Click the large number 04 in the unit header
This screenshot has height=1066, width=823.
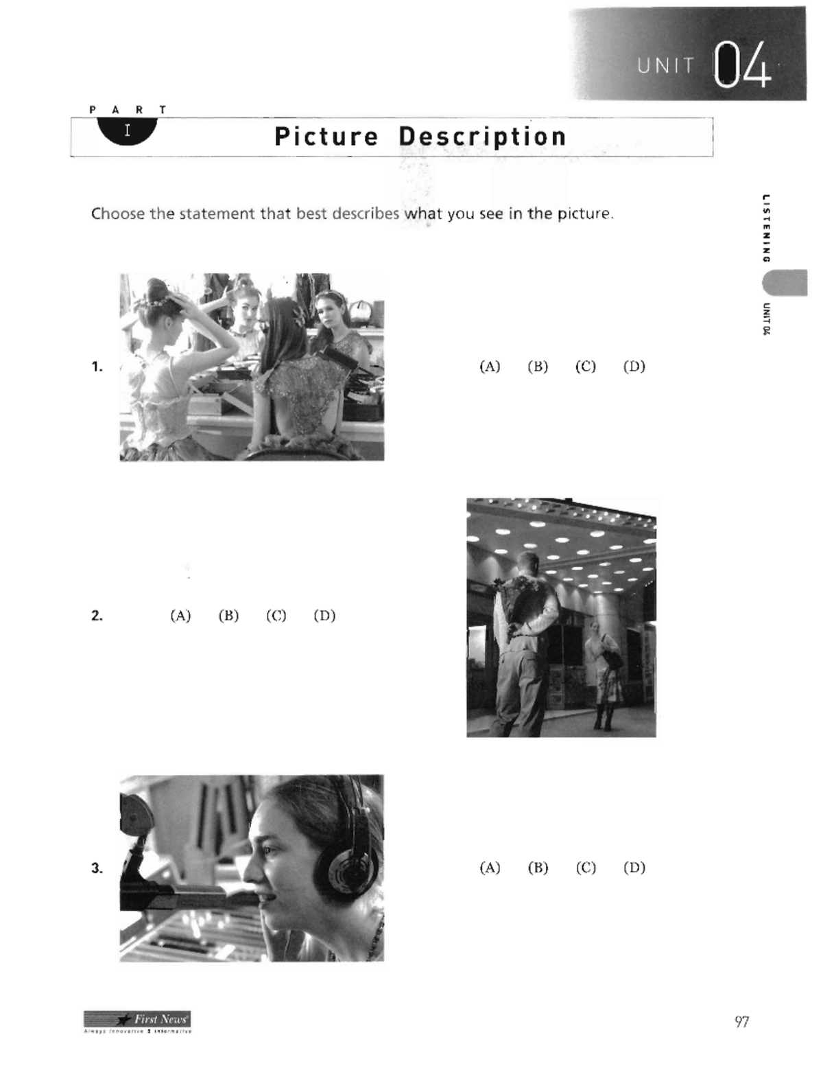742,66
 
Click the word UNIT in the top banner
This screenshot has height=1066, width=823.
665,66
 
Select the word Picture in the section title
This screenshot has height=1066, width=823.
326,137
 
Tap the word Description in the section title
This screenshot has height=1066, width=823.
482,137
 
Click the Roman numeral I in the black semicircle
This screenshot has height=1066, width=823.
127,130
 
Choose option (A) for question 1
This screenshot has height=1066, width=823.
490,367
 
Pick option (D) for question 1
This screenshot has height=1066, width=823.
634,367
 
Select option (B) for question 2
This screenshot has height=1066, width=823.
228,616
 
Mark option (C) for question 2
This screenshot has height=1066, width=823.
276,616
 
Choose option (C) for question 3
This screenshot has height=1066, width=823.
586,868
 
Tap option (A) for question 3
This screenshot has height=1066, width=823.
490,868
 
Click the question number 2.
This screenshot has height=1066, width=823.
97,616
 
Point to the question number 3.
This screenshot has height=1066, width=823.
97,868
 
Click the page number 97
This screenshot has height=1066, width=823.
741,1022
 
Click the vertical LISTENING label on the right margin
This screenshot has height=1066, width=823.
766,227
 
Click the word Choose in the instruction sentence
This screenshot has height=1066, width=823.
118,213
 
